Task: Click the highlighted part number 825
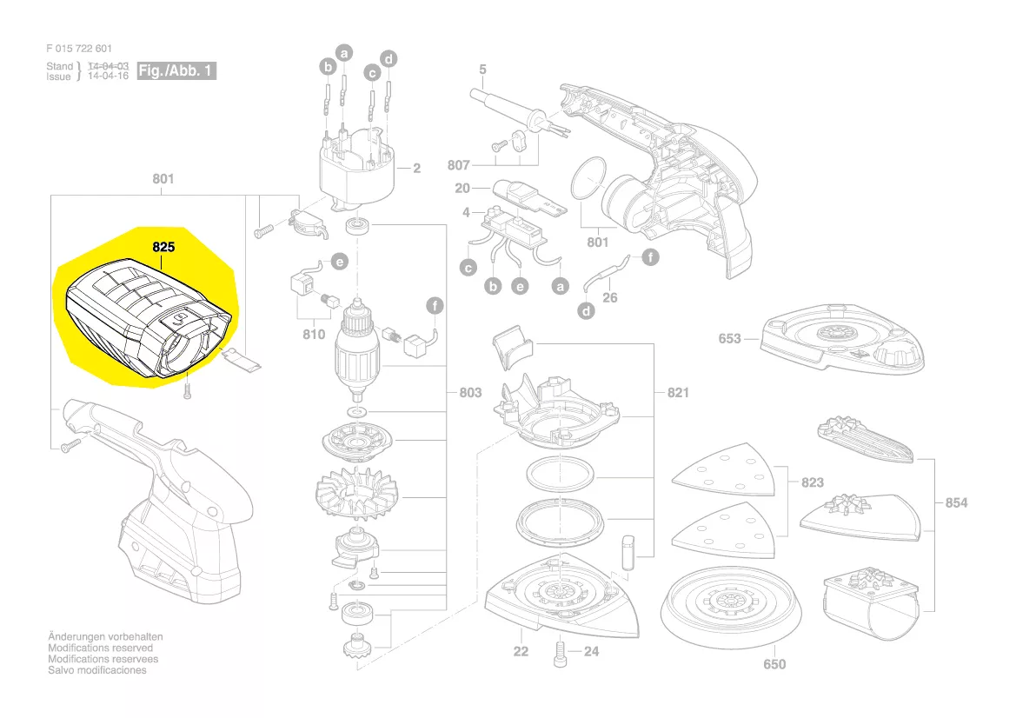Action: pos(163,247)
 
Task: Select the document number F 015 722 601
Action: pos(79,49)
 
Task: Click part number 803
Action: pos(469,393)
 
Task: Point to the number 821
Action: pos(678,393)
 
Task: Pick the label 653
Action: pos(730,338)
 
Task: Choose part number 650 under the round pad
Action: pos(774,665)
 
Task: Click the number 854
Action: pos(956,503)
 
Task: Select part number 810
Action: pos(314,334)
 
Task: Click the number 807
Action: pos(458,165)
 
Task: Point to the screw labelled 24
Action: pos(559,652)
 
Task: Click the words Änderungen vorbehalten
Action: pos(105,637)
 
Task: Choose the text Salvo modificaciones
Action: pos(97,670)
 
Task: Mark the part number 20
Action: pos(462,189)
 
